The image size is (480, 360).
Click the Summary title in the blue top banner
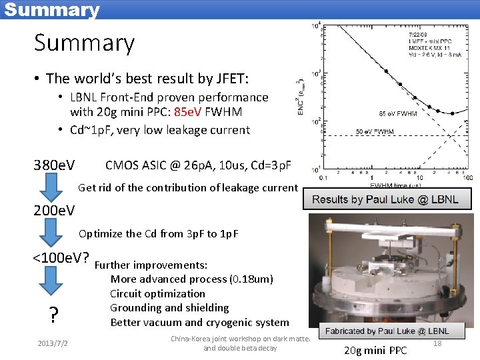point(51,10)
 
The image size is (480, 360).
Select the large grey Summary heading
point(84,43)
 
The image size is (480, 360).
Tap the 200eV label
point(54,211)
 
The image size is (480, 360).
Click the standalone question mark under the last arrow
point(53,315)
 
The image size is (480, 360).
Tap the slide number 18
point(437,343)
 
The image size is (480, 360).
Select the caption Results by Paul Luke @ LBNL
point(385,199)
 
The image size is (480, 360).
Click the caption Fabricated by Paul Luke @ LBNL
point(387,331)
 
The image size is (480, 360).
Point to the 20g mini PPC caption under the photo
point(375,351)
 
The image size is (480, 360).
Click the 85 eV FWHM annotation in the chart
point(398,113)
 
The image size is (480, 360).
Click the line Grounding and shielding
point(169,308)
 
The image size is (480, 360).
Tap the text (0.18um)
point(251,279)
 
